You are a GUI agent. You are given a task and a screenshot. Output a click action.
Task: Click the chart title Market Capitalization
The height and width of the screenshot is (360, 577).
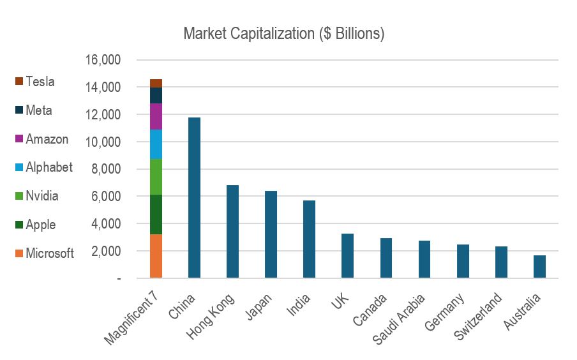[x=283, y=33]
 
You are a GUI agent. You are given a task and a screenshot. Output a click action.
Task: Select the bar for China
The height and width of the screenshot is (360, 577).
[x=194, y=198]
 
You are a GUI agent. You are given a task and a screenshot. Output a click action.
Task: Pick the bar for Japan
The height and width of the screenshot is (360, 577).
[x=271, y=234]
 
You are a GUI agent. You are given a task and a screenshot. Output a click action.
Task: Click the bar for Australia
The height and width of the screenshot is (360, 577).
[x=539, y=267]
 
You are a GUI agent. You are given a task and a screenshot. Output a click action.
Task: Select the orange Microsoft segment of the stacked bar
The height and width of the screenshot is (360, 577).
[x=156, y=256]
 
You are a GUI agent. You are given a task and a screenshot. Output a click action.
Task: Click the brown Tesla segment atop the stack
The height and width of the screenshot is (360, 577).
[x=156, y=83]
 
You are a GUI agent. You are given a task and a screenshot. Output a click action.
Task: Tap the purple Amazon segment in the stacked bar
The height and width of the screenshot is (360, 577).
[x=156, y=116]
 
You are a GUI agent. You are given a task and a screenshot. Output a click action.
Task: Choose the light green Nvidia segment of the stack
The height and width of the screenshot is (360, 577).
[x=156, y=177]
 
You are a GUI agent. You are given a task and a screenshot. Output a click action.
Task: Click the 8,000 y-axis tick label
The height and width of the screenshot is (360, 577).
[x=105, y=169]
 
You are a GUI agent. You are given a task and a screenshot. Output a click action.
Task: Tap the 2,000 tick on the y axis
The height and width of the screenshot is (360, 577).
[x=105, y=251]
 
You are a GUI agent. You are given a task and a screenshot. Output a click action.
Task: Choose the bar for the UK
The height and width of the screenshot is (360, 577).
[x=347, y=256]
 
